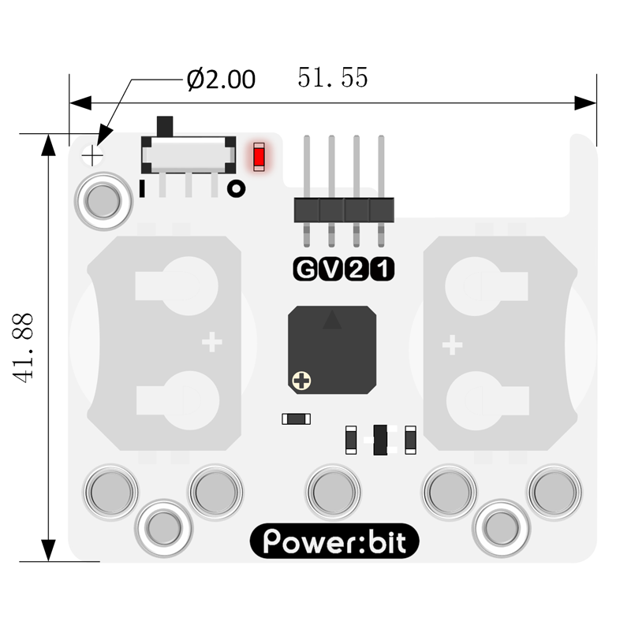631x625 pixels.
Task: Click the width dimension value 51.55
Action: click(333, 77)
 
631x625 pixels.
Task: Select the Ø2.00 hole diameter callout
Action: click(221, 80)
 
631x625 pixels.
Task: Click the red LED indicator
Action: click(258, 156)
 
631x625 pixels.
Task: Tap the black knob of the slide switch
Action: click(165, 126)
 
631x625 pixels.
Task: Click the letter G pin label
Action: click(304, 271)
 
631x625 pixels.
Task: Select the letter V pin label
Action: click(330, 271)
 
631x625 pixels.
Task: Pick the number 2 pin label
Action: click(357, 271)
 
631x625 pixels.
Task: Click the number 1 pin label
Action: click(382, 271)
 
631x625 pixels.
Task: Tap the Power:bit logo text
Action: click(334, 542)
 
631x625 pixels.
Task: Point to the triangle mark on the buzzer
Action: click(332, 319)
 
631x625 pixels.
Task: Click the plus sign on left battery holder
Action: click(211, 342)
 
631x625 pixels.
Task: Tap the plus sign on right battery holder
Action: click(451, 344)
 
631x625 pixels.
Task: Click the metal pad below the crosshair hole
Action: click(103, 201)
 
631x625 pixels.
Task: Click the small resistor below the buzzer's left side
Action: click(297, 419)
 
